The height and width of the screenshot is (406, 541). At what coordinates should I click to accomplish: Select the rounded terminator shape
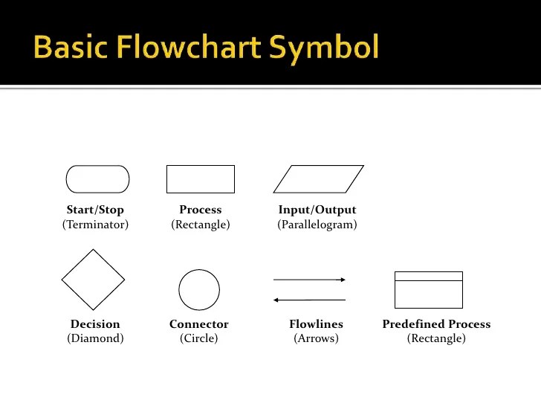pyautogui.click(x=97, y=179)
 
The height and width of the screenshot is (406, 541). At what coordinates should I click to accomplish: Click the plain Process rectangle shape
pyautogui.click(x=200, y=179)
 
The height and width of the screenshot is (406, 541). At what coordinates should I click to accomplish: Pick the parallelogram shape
pyautogui.click(x=319, y=179)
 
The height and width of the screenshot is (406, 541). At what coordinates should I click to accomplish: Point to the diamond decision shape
pyautogui.click(x=93, y=280)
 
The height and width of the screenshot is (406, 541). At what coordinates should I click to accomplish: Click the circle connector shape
pyautogui.click(x=199, y=289)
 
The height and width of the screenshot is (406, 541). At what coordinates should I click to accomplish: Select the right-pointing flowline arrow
pyautogui.click(x=310, y=280)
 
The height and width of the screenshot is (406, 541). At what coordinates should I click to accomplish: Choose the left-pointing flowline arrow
pyautogui.click(x=310, y=300)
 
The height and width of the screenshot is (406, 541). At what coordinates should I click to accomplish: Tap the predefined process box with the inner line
pyautogui.click(x=428, y=289)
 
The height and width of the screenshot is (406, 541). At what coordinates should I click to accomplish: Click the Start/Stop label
pyautogui.click(x=95, y=210)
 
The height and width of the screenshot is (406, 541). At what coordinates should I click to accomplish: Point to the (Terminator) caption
pyautogui.click(x=95, y=224)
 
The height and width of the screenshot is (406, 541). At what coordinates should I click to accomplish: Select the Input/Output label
pyautogui.click(x=317, y=210)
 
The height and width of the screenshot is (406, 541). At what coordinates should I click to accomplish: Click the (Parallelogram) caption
pyautogui.click(x=317, y=224)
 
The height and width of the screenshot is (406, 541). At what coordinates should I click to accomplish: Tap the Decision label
pyautogui.click(x=95, y=324)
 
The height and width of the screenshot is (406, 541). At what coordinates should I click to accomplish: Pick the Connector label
pyautogui.click(x=199, y=324)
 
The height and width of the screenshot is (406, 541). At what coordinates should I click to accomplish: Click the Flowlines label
pyautogui.click(x=316, y=324)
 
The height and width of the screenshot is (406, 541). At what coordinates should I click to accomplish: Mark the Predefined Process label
pyautogui.click(x=436, y=324)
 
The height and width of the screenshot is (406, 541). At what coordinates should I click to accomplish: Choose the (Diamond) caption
pyautogui.click(x=95, y=338)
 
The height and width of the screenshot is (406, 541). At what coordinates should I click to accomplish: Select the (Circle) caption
pyautogui.click(x=199, y=338)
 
